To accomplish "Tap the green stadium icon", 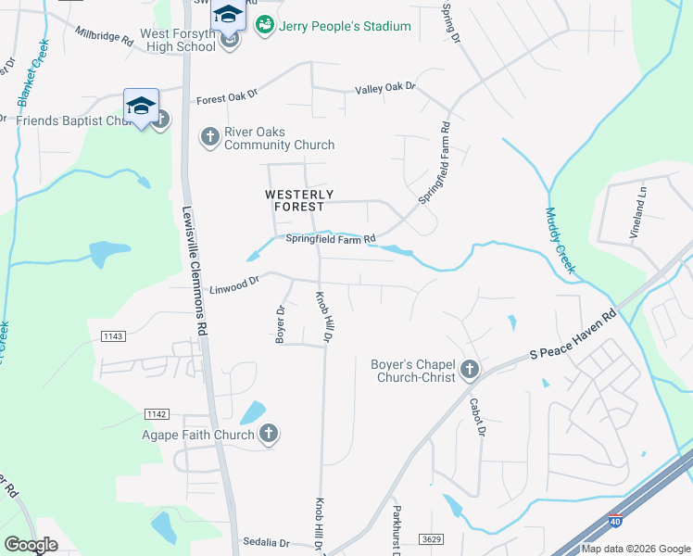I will [265, 25].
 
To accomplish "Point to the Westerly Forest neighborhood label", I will [299, 200].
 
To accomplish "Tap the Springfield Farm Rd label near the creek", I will [330, 239].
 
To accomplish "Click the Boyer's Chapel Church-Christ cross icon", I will [470, 371].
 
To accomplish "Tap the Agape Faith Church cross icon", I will [269, 435].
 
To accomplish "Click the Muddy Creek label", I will [560, 240].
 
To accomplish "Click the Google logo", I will [31, 544].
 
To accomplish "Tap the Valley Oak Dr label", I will [385, 89].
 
